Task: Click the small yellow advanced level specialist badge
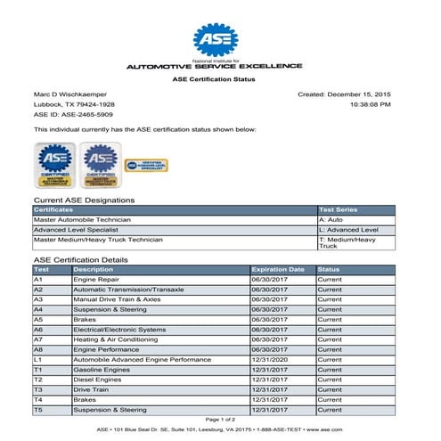146,165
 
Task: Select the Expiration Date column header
278,269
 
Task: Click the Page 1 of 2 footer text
219,419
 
